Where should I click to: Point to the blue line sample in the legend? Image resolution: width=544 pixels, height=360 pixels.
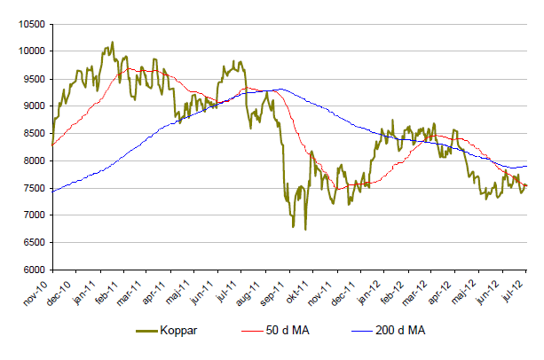click(x=359, y=331)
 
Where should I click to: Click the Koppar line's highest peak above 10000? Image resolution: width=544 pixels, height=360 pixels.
click(x=112, y=42)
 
